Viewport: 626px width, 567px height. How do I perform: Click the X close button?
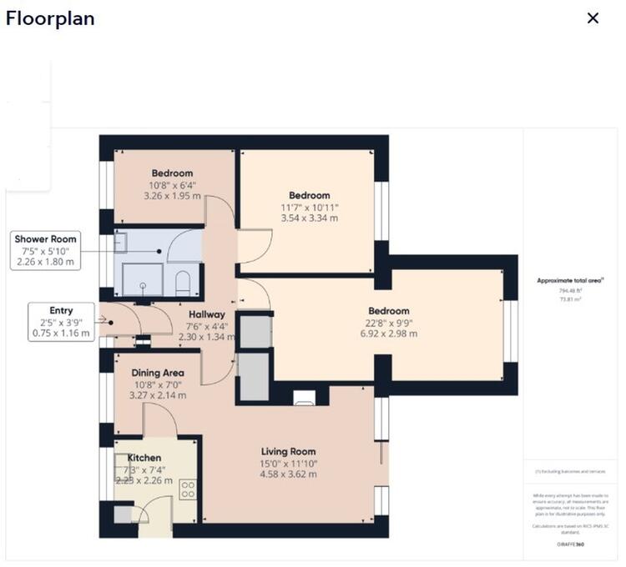[x=593, y=18]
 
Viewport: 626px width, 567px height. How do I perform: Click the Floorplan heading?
[x=50, y=18]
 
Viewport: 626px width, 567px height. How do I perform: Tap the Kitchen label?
[x=144, y=458]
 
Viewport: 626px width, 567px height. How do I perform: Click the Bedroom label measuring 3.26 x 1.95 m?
[x=172, y=173]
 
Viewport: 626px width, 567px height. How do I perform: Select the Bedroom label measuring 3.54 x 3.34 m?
[x=310, y=195]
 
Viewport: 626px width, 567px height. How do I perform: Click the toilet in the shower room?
[x=183, y=282]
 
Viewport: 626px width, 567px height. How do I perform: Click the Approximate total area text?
[x=570, y=282]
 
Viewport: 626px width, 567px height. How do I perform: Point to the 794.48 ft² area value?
[x=570, y=291]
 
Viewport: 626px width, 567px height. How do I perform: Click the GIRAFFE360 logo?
[x=570, y=543]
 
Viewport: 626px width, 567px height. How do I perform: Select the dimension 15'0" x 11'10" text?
[x=289, y=464]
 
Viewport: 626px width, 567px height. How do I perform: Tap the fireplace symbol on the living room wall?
[x=304, y=397]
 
